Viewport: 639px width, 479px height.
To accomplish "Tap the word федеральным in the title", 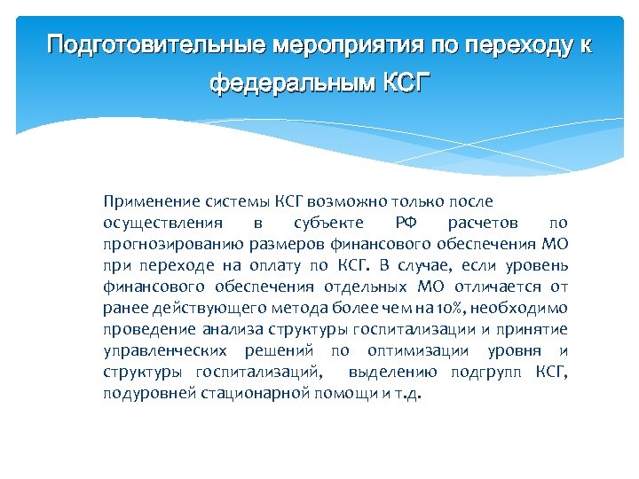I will (x=292, y=85).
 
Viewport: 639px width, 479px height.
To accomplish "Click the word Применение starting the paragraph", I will (x=146, y=202).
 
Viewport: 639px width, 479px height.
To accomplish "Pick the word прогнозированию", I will (x=165, y=245).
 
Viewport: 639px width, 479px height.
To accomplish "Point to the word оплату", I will (x=282, y=266).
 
